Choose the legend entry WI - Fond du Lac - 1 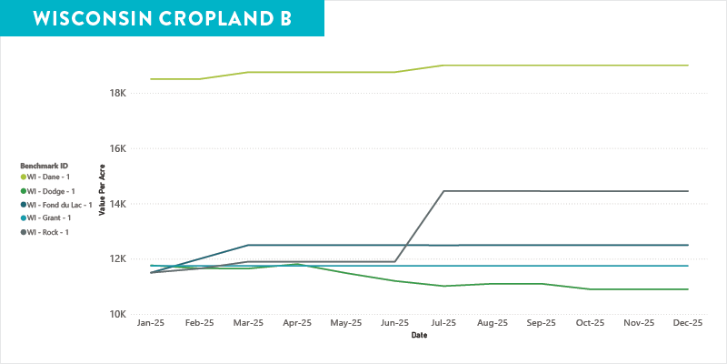pos(59,205)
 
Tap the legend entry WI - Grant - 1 pos(49,218)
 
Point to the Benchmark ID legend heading pos(45,165)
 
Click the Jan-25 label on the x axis pos(150,323)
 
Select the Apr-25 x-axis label pos(297,323)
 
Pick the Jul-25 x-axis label pos(443,323)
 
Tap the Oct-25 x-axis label pos(591,323)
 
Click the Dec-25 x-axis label pos(688,323)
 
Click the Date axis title pos(418,335)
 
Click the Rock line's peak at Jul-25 pos(443,191)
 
